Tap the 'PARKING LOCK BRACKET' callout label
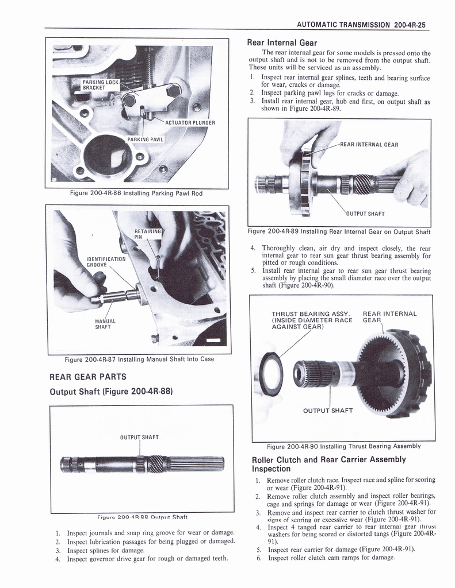tap(100, 86)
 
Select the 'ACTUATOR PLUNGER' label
tap(189, 122)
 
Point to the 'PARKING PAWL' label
tap(145, 139)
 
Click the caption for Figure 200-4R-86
tap(136, 193)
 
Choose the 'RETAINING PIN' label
tap(147, 233)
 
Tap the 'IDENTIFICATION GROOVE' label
tap(105, 262)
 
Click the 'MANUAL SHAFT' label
tap(105, 324)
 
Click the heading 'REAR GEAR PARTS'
tap(87, 377)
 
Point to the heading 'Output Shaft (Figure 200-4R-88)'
tap(112, 392)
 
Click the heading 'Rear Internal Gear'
tap(282, 42)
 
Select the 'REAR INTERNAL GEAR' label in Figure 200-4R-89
tap(369, 145)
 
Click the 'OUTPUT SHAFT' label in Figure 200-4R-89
tap(365, 214)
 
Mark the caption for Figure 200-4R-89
tap(339, 231)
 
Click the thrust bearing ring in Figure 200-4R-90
tap(271, 373)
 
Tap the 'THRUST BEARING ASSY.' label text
tap(311, 314)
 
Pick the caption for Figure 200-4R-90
tap(343, 446)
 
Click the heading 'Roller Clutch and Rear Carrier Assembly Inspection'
tap(329, 464)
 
